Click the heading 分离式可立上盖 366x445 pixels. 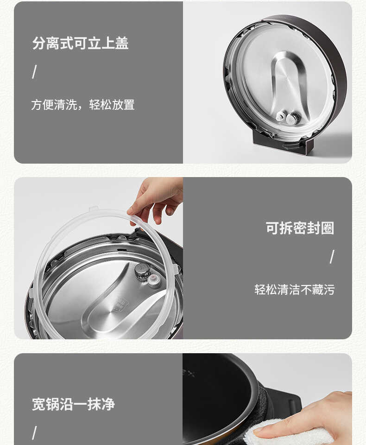(x=81, y=44)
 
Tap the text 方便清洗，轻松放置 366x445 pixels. (x=82, y=105)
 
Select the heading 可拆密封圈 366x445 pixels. (x=300, y=228)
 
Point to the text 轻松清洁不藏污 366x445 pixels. (x=294, y=290)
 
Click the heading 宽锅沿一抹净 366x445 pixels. (x=73, y=404)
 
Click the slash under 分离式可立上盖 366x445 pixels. (x=34, y=72)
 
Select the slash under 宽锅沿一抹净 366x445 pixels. (x=34, y=433)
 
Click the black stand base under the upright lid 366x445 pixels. (x=283, y=144)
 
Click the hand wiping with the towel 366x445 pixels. (x=320, y=415)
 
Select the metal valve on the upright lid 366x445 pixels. (x=292, y=119)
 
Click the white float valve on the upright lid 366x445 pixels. (x=281, y=116)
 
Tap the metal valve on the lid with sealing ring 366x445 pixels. (x=142, y=271)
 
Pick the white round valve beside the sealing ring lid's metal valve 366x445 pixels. (x=154, y=280)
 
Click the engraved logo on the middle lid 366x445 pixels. (x=121, y=304)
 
